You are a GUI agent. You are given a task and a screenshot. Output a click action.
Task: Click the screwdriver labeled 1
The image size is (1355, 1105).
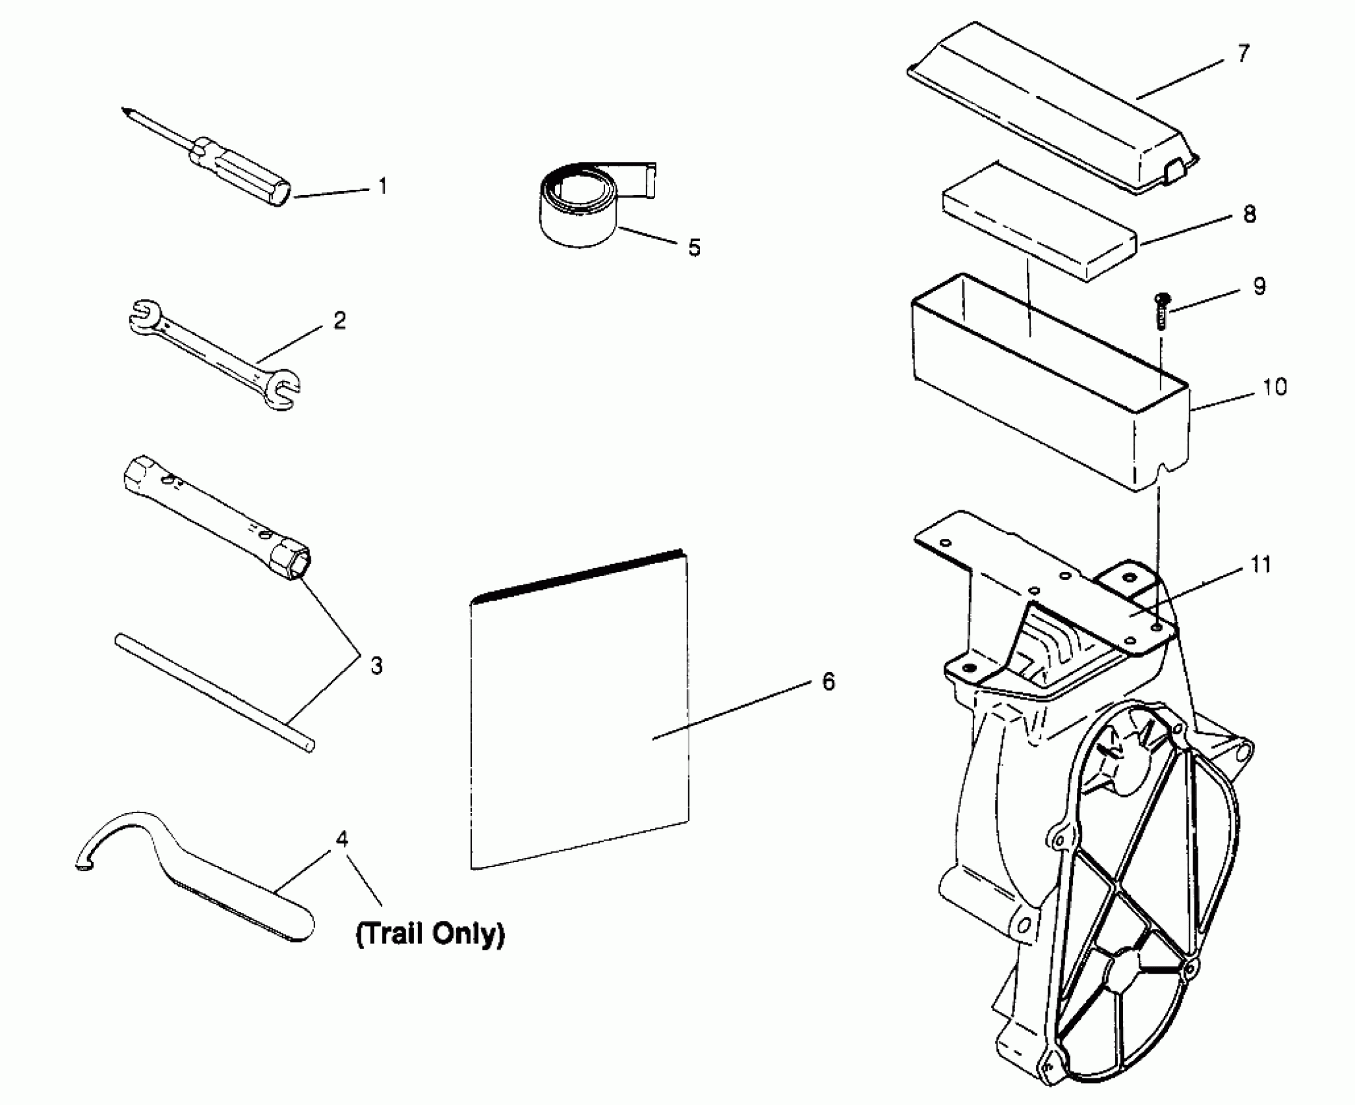(240, 170)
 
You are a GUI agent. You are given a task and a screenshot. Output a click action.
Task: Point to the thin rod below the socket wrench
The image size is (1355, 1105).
(214, 693)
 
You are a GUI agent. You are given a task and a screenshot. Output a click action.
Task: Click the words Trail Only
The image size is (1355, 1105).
(430, 934)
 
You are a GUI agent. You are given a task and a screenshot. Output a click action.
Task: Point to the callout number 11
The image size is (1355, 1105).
(1261, 565)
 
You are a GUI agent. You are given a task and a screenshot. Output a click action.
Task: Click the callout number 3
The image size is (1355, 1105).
(376, 666)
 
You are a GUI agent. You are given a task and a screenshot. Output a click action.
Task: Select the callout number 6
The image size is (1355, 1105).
(828, 682)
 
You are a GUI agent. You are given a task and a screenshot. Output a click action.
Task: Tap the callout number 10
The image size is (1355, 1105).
(1274, 387)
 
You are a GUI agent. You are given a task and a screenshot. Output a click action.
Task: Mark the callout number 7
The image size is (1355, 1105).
(1243, 54)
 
